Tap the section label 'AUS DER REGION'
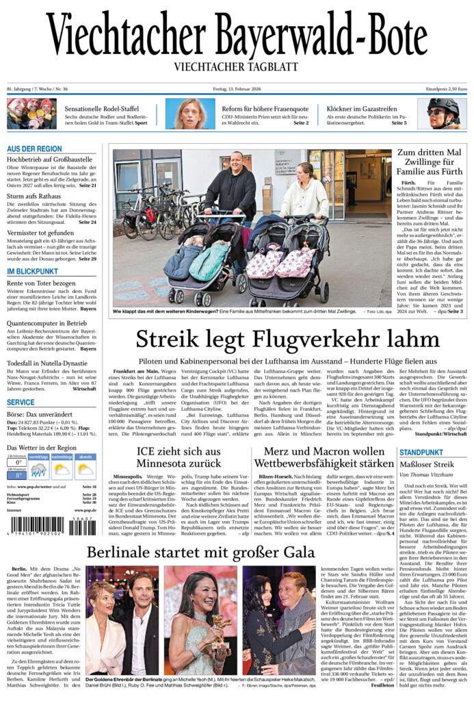coord(34,149)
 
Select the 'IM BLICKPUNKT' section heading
coord(32,271)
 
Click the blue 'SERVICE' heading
coord(21,402)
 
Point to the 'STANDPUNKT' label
coord(421,453)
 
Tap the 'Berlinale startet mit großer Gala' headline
coord(200,552)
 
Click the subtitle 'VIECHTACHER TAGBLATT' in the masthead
coord(236,66)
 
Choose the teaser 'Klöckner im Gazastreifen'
coord(361,108)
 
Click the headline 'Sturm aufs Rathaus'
coord(34,196)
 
